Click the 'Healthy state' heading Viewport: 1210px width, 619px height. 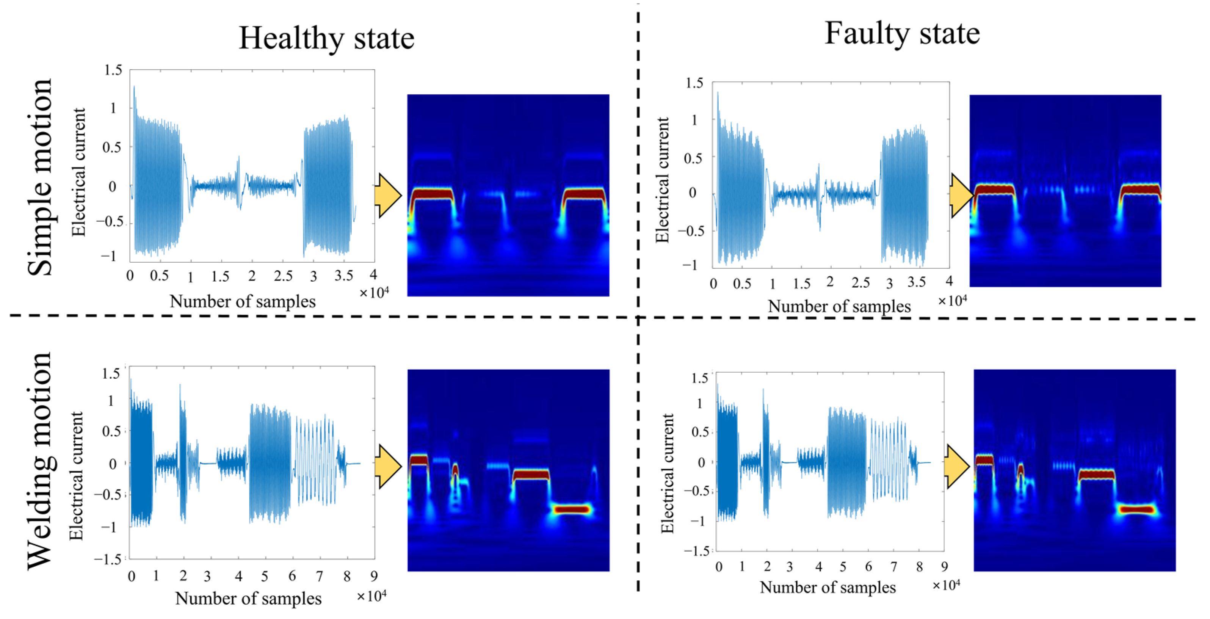[326, 39]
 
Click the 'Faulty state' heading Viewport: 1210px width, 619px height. [902, 34]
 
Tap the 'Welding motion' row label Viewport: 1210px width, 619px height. [39, 460]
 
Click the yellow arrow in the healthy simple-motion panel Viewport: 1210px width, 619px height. [388, 195]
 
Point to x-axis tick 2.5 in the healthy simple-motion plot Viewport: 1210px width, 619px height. [283, 276]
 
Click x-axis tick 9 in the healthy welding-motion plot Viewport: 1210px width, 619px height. [374, 576]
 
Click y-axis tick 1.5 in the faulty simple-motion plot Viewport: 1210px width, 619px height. [694, 84]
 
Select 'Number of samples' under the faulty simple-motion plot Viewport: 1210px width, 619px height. [839, 306]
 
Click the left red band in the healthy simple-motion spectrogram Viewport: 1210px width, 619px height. [432, 193]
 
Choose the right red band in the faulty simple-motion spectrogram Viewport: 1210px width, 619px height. [1140, 190]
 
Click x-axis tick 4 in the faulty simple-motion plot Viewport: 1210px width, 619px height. [949, 281]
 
